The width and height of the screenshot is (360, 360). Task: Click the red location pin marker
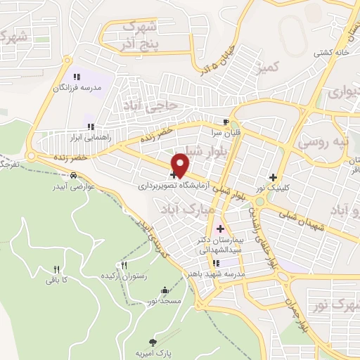coord(181,165)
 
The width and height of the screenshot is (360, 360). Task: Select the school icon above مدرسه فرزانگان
coord(76,77)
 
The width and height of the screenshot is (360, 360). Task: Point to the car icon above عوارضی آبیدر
coord(73,176)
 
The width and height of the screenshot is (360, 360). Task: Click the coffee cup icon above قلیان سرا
coord(226,121)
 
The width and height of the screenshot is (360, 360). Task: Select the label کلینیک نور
coord(273,188)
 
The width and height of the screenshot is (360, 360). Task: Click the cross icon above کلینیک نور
coord(273,177)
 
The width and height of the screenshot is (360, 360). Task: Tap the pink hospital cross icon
coord(220,229)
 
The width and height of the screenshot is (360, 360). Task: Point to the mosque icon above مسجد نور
coord(165,290)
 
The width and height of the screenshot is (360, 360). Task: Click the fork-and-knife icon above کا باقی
coord(56,269)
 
